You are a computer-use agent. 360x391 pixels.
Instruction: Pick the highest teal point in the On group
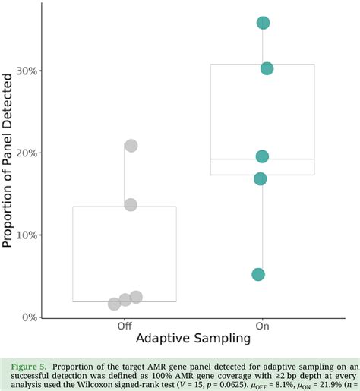[x=264, y=23]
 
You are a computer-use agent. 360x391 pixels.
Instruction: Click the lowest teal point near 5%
[x=258, y=274]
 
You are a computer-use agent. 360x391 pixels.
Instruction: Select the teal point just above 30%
[x=267, y=68]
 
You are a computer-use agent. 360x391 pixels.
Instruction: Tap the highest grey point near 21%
[x=131, y=145]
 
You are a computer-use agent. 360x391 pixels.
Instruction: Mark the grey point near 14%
[x=131, y=204]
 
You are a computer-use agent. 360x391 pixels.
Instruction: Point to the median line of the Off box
[x=125, y=301]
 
